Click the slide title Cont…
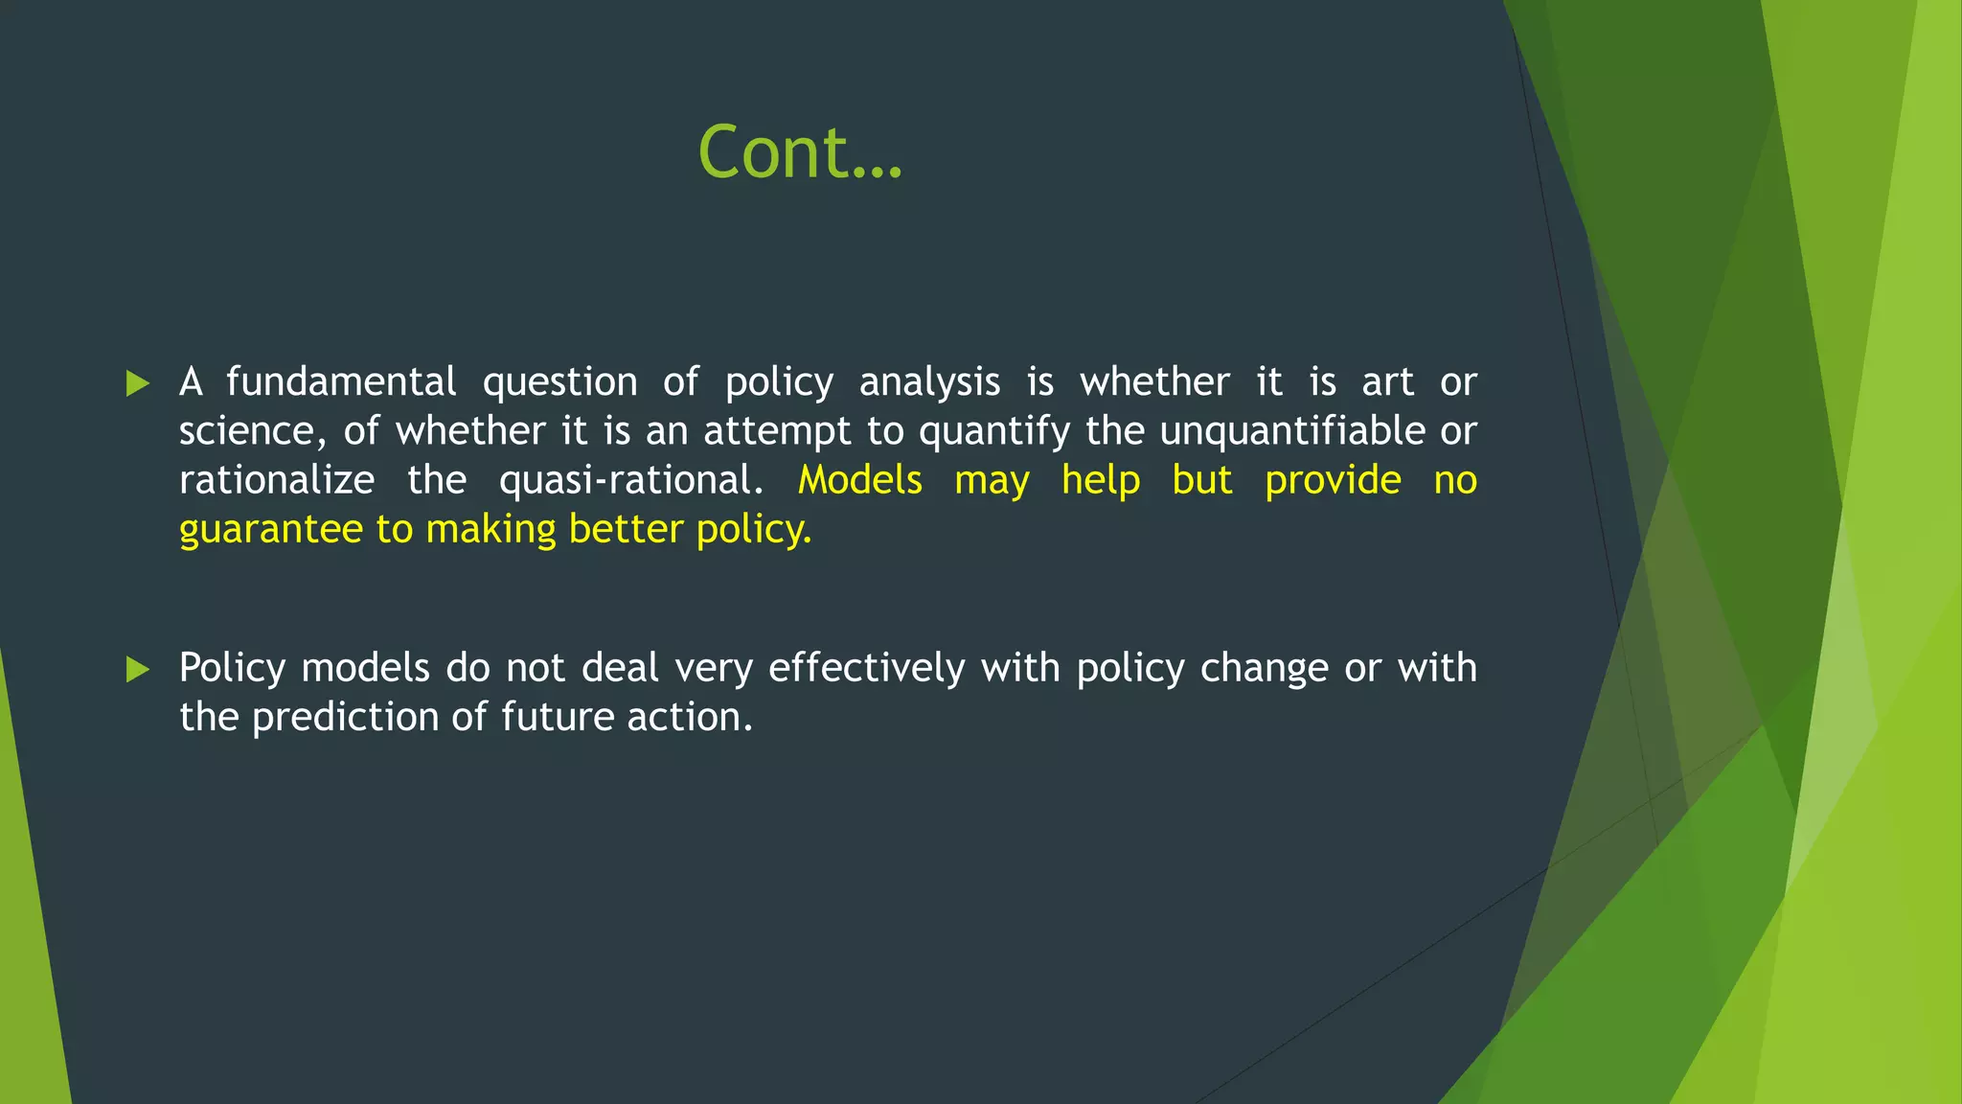800,153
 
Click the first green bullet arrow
138,384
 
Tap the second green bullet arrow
138,670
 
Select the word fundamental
341,382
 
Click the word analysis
929,382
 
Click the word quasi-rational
630,480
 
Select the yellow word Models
859,480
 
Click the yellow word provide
1333,480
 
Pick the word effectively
866,668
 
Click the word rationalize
277,480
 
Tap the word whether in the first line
1154,382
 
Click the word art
1387,382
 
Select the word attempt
777,431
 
